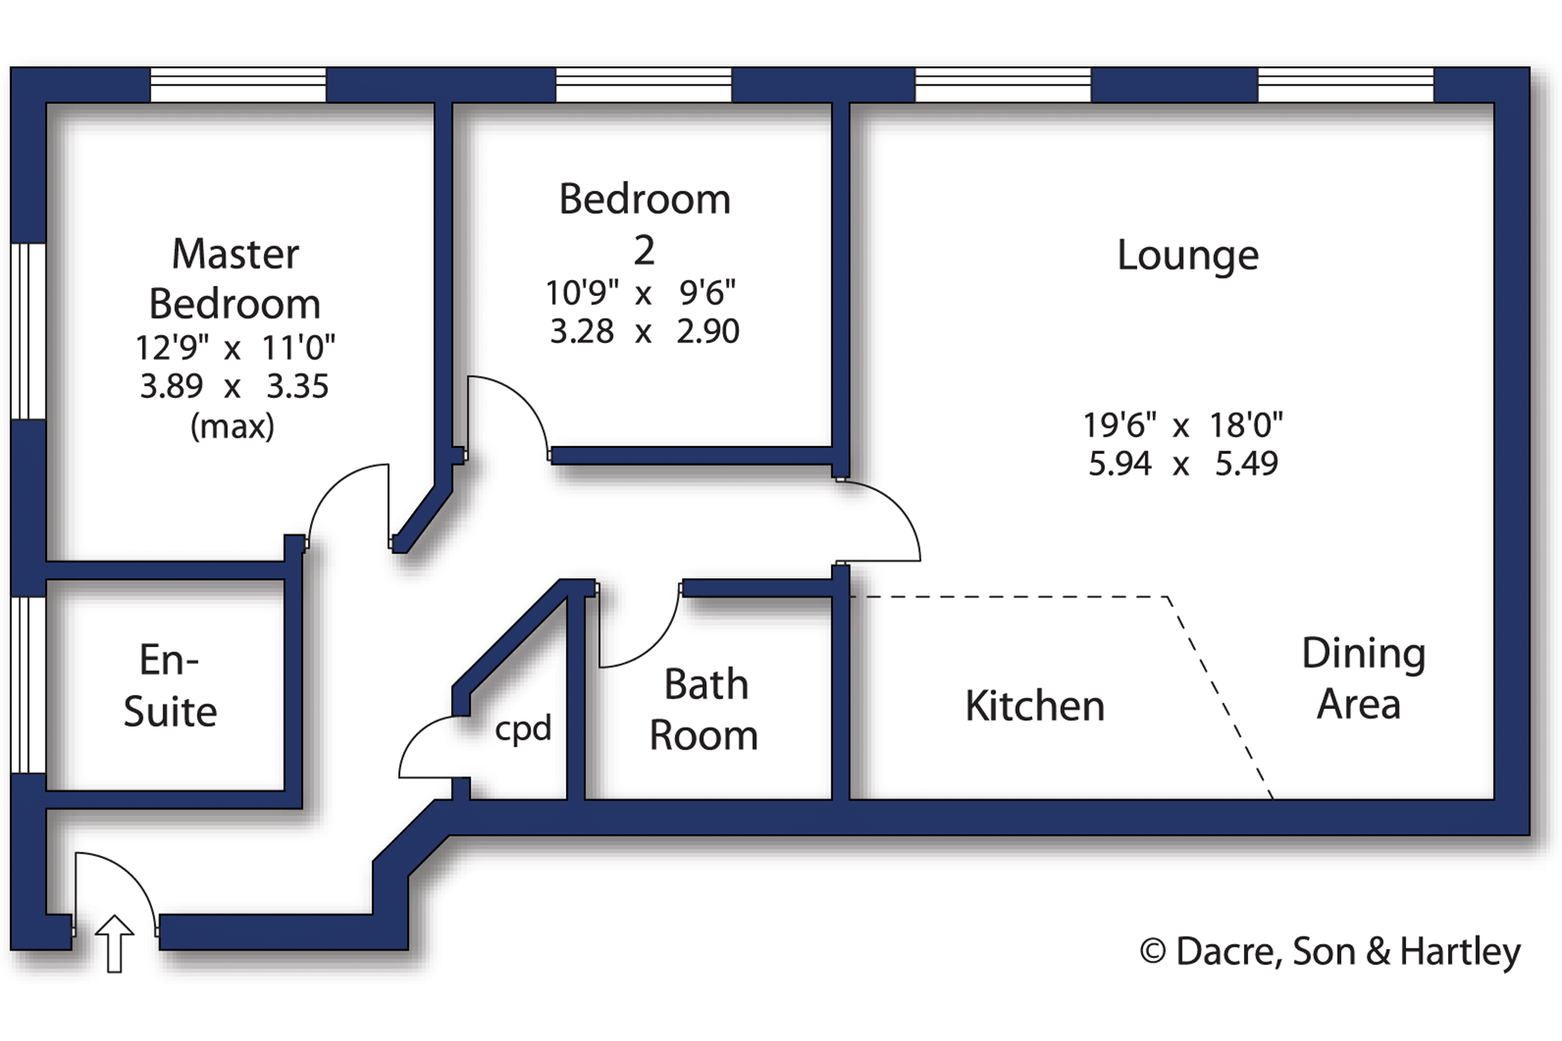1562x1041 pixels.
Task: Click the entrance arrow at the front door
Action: click(x=115, y=943)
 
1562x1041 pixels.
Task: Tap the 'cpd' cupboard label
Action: click(x=522, y=729)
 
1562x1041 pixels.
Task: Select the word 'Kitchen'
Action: click(x=1034, y=706)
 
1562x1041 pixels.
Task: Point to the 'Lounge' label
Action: click(x=1187, y=256)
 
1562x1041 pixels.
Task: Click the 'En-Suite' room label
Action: click(x=170, y=685)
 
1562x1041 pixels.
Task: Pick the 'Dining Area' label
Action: click(x=1362, y=678)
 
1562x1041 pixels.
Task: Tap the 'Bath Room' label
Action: click(x=704, y=710)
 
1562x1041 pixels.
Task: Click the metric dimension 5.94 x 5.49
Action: click(x=1183, y=464)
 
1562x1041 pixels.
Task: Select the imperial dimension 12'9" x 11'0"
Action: click(x=234, y=347)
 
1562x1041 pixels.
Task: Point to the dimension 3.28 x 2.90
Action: click(x=644, y=331)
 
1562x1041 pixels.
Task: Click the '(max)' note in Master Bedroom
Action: click(x=232, y=426)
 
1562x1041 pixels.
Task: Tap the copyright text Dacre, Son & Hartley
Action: click(x=1329, y=951)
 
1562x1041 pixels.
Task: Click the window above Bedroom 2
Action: click(x=644, y=85)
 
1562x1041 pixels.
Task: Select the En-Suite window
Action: click(x=28, y=685)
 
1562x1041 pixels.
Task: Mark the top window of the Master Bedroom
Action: click(x=238, y=85)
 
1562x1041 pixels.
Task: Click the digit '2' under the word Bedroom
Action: click(x=644, y=251)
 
